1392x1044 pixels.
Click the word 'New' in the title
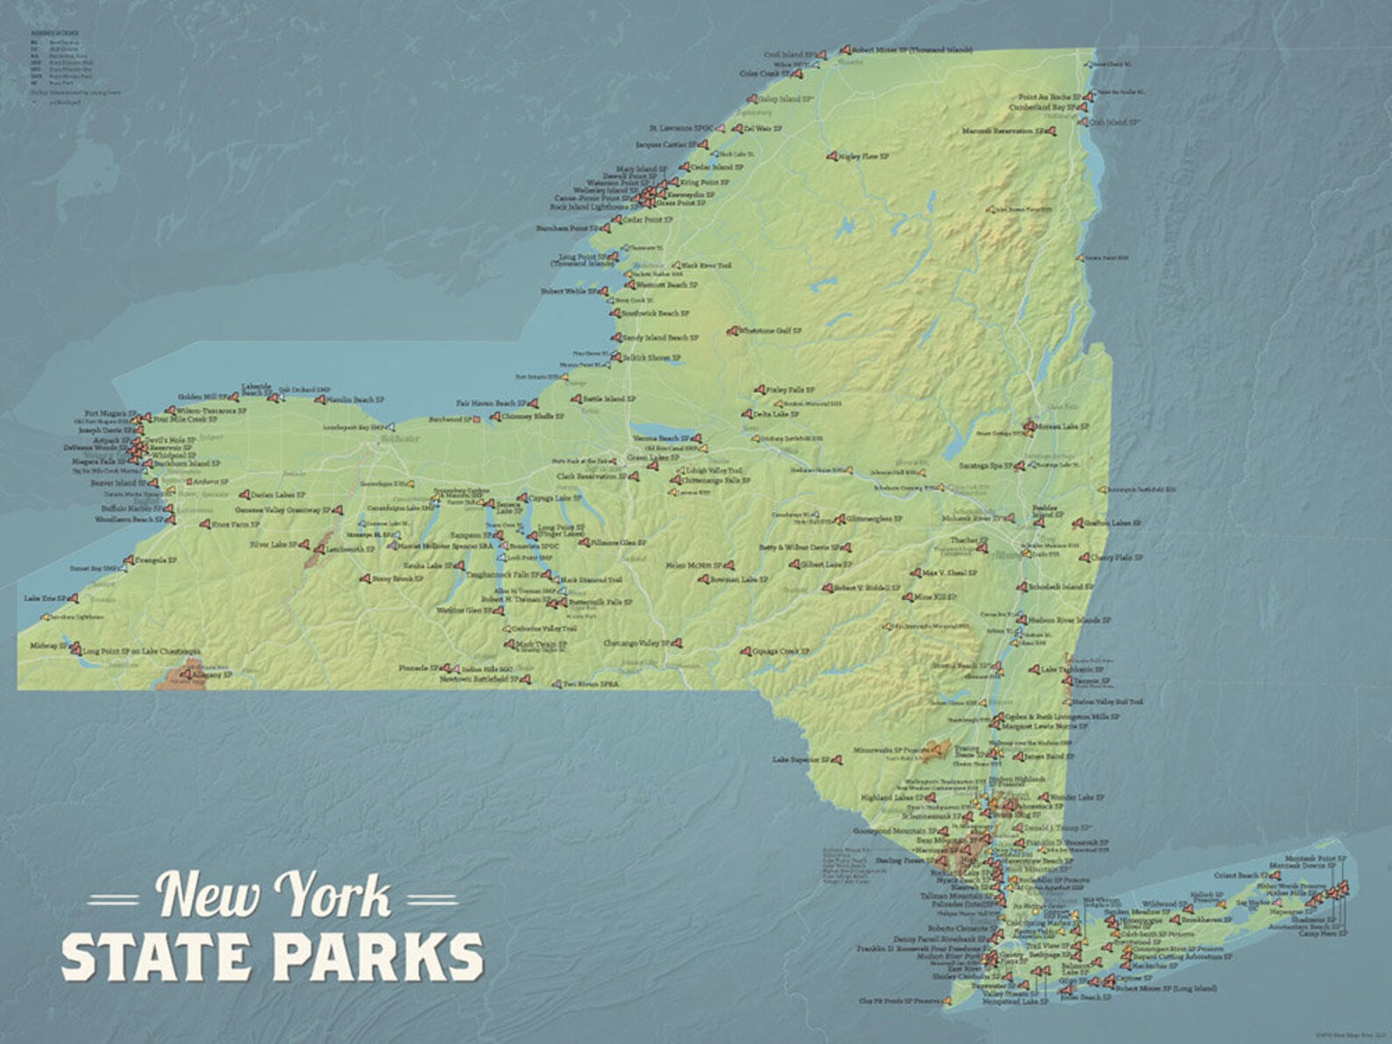[208, 896]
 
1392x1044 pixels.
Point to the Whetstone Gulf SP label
[771, 331]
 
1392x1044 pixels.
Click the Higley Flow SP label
[863, 157]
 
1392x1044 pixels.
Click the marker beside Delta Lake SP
[748, 414]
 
